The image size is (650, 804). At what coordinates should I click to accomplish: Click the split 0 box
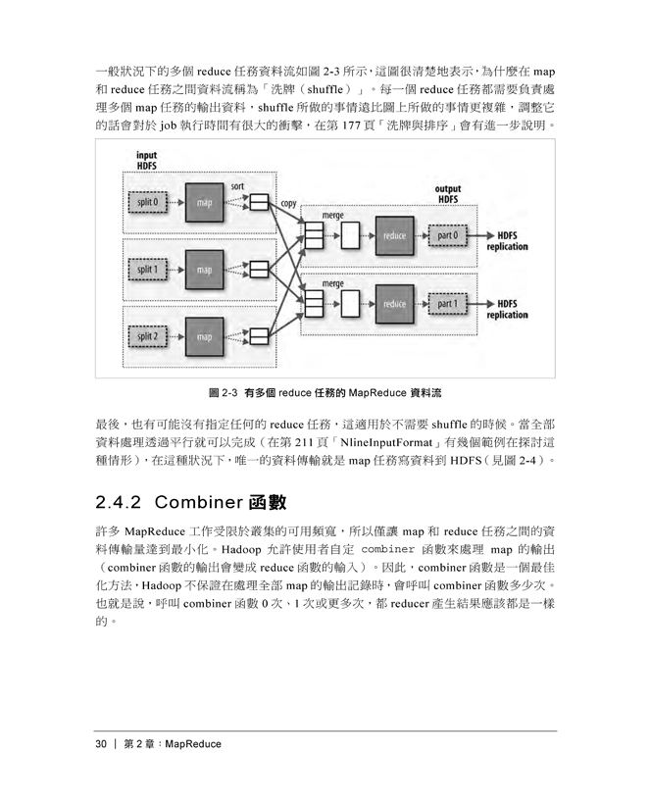148,202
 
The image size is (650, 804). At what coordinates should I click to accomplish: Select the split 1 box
148,270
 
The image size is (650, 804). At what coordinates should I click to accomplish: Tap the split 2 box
148,336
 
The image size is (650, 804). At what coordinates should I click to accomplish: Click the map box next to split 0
204,203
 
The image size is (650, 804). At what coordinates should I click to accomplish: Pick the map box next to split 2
204,337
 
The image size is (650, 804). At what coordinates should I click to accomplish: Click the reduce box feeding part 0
394,236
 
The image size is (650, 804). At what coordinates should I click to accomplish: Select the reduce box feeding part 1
394,304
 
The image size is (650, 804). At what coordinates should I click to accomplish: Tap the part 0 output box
447,235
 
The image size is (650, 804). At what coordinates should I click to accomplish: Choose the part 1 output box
447,304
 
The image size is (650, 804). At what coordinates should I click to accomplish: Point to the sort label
237,186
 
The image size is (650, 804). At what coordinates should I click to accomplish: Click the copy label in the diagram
288,204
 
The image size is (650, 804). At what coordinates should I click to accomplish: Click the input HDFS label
147,161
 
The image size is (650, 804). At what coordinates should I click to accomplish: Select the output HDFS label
448,194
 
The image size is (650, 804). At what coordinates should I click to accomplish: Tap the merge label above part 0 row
333,216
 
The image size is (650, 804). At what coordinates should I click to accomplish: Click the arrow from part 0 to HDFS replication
480,235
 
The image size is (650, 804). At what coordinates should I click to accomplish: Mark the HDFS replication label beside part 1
508,309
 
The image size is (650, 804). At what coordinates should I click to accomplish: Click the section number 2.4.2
119,502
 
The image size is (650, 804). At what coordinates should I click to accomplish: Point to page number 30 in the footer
101,744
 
